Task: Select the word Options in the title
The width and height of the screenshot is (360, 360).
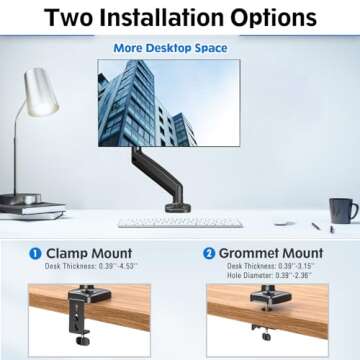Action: [x=279, y=18]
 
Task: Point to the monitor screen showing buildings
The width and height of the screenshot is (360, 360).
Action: [x=168, y=103]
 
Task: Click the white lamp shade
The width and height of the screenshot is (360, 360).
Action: [x=41, y=91]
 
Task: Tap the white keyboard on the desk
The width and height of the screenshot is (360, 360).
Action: [x=165, y=222]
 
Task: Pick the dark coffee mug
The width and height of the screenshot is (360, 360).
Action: [x=344, y=210]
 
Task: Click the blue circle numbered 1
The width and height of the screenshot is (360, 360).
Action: [x=34, y=254]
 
